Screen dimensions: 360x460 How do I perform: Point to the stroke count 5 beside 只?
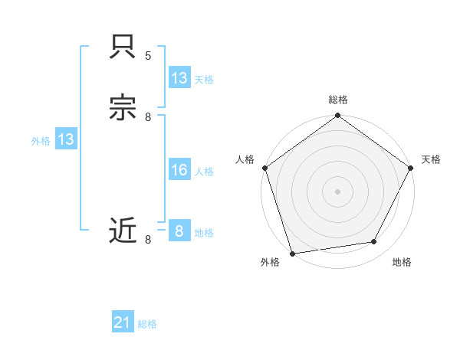pos(148,56)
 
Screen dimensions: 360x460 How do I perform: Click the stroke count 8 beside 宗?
pos(148,116)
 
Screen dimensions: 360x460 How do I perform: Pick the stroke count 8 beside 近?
pos(148,239)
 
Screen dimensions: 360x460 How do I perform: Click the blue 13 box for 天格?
pos(179,78)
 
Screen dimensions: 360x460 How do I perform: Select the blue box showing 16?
pos(179,170)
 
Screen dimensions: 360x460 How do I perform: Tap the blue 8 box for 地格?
pos(179,231)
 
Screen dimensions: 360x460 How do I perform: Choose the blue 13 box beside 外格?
pos(66,139)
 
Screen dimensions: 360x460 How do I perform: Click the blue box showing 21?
pos(123,323)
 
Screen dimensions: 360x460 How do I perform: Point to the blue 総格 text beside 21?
pos(148,324)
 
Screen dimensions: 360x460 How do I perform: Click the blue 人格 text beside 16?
pos(205,172)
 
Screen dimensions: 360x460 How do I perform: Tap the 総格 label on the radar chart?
pos(338,100)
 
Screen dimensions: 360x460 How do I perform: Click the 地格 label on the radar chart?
pos(402,263)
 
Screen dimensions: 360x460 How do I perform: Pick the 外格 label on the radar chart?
pos(270,263)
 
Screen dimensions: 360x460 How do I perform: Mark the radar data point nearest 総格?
pos(338,116)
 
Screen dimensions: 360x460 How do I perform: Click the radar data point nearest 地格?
pos(374,242)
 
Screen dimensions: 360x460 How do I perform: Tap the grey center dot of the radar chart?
pos(338,191)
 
